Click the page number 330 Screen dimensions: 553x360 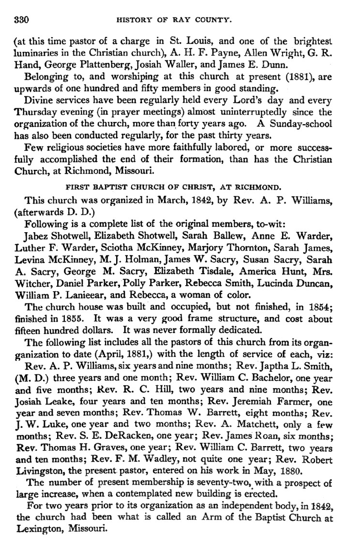[x=22, y=20]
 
